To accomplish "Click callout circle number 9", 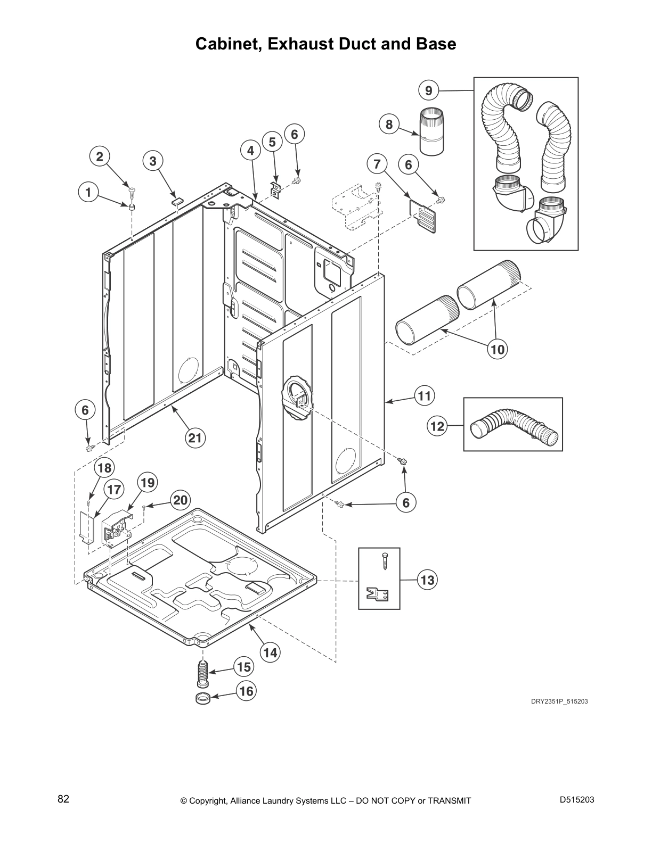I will [x=429, y=90].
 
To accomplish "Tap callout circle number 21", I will [x=195, y=437].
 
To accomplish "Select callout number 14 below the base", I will [x=271, y=652].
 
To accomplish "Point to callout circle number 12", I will [x=437, y=426].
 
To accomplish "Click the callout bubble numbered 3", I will [x=153, y=161].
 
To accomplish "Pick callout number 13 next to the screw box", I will [x=427, y=580].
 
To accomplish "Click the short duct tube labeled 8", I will [x=431, y=131].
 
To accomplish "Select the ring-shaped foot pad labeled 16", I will [x=202, y=698].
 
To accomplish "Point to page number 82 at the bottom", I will [x=63, y=799].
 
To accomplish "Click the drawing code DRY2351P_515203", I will [x=559, y=701].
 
